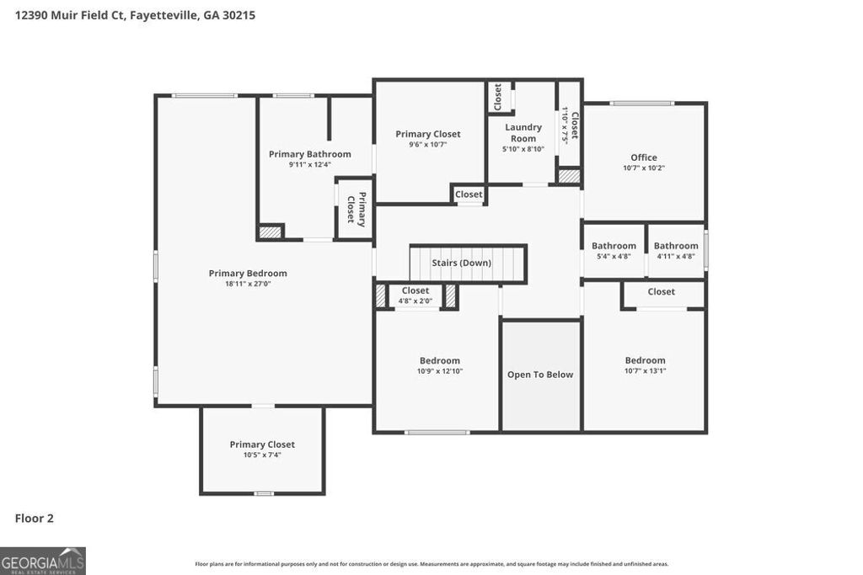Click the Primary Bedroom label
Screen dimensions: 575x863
[248, 273]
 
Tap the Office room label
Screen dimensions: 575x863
[644, 157]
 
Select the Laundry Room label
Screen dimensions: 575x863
[523, 133]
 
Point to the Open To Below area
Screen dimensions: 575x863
[540, 375]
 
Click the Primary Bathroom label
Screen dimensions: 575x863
[309, 154]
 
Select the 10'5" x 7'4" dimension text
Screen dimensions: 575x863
[262, 455]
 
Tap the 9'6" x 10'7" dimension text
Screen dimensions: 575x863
[428, 144]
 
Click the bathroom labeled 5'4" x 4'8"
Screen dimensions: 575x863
[614, 251]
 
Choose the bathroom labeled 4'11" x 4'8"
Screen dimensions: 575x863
[676, 251]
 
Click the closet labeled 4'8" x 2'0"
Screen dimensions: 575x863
[415, 295]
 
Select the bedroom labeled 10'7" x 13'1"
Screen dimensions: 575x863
[645, 365]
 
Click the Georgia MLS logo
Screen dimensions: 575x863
[43, 561]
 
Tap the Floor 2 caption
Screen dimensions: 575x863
[35, 519]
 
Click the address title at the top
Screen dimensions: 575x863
[135, 15]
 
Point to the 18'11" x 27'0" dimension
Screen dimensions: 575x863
[248, 284]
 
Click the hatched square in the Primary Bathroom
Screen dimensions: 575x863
[270, 232]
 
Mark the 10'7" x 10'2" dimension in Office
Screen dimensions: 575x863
[644, 168]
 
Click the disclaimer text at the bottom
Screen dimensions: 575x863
[431, 564]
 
